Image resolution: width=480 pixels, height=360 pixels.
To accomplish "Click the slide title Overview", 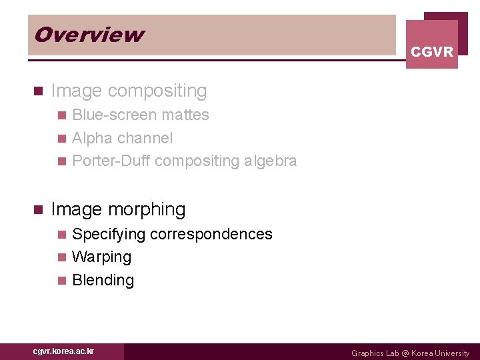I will tap(89, 35).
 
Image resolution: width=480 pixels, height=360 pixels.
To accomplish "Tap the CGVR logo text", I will tap(432, 51).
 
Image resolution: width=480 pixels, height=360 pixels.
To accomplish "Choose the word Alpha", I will tap(91, 138).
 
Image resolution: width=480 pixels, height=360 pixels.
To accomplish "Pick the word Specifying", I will tap(109, 234).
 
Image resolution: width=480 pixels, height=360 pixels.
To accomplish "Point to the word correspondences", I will tap(211, 234).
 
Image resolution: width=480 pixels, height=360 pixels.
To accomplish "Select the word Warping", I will tap(101, 257).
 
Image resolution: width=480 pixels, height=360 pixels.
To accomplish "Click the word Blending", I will tap(103, 280).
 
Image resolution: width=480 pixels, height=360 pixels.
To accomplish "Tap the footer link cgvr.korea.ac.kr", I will tap(64, 351).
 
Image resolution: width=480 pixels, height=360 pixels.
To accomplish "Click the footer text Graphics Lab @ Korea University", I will tap(410, 353).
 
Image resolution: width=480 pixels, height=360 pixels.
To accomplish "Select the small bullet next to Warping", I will tap(62, 257).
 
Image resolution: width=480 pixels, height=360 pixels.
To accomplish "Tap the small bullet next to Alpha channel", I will tap(62, 139).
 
